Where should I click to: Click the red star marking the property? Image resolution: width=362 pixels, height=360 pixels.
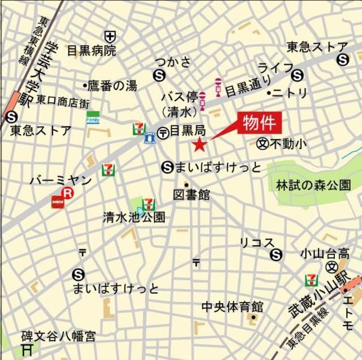199,145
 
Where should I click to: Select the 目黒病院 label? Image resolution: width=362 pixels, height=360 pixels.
91,51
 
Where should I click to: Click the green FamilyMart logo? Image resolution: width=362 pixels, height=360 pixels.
92,117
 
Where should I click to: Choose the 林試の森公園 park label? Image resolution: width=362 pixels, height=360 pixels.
313,185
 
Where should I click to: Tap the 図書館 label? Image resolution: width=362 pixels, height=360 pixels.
192,195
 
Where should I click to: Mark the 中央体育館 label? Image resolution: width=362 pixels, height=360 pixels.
232,307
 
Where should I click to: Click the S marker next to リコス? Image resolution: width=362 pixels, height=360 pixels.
276,255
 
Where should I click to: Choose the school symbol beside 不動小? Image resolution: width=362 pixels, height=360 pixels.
262,144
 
